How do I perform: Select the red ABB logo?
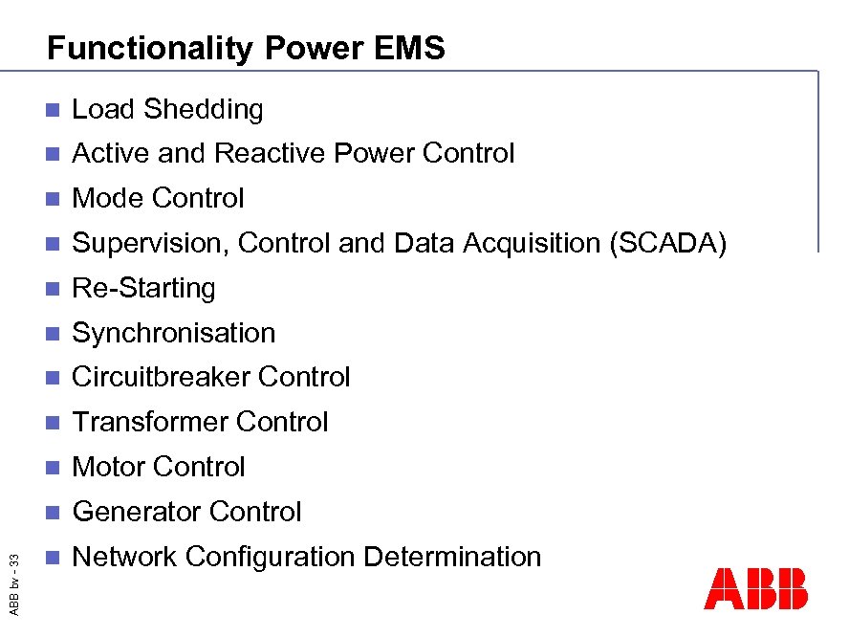tap(755, 588)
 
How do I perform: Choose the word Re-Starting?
tap(143, 288)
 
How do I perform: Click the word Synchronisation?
tap(174, 333)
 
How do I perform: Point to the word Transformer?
tap(150, 422)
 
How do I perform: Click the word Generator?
tap(137, 512)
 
